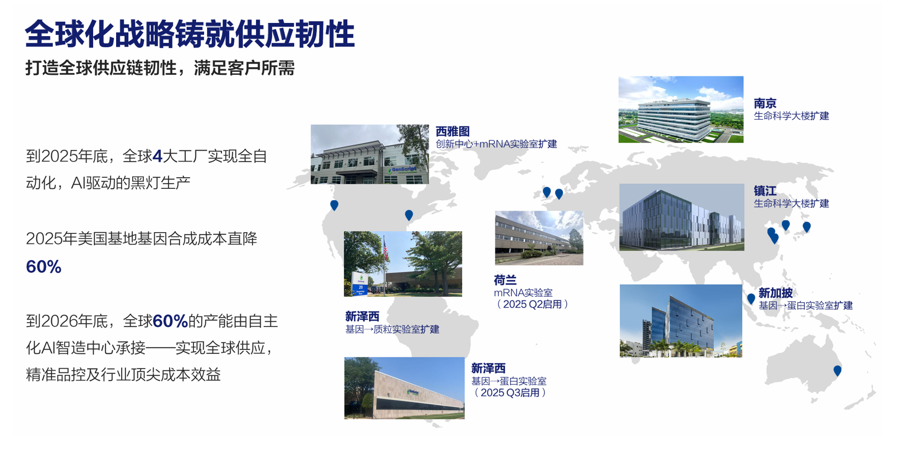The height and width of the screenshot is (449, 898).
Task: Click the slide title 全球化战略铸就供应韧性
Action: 189,35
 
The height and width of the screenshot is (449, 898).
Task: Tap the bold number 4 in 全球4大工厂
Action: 157,156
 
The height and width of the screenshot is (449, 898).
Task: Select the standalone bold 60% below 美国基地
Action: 44,267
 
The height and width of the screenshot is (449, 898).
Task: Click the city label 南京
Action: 765,103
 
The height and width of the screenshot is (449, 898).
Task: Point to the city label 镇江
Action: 765,191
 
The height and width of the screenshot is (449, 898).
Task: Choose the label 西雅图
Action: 453,131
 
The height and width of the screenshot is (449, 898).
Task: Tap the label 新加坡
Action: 775,293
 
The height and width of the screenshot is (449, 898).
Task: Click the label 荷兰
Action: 505,280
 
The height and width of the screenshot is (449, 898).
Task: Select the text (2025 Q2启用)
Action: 532,304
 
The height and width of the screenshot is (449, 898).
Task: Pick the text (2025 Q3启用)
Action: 510,392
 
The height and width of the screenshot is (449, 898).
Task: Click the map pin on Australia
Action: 837,371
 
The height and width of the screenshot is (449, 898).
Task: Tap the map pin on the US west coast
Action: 334,205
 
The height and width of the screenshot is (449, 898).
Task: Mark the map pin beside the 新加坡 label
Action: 751,299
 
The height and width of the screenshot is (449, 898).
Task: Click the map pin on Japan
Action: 806,227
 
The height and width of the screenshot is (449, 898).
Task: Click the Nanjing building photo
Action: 681,109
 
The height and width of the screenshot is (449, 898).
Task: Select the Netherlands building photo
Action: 539,238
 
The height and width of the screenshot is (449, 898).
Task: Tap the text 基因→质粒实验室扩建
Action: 392,329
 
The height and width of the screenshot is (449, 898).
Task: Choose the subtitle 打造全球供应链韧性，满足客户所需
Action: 160,68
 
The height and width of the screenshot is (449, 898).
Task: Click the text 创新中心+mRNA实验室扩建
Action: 496,144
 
